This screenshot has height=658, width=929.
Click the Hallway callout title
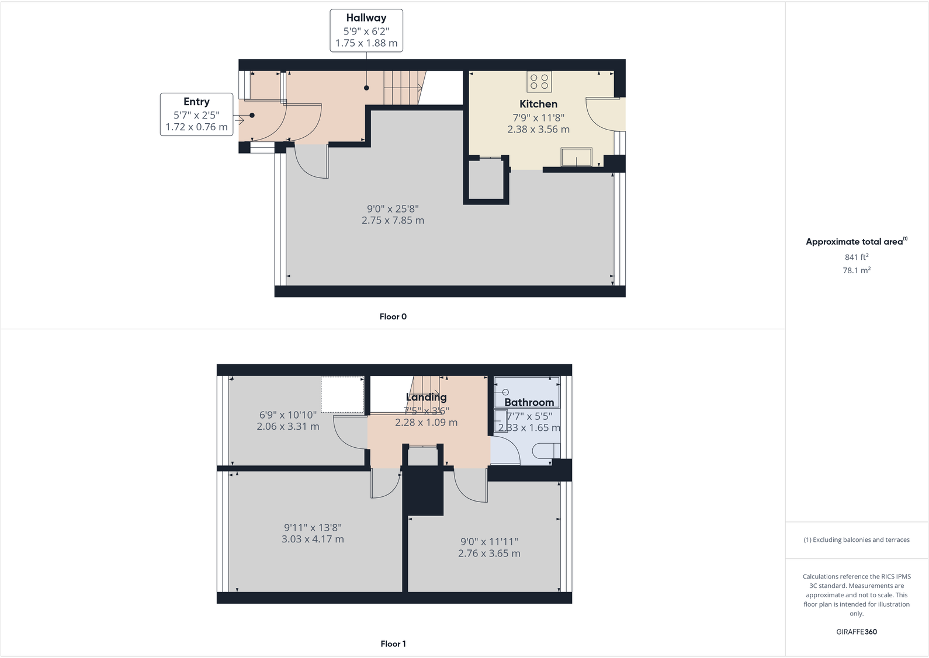tap(366, 18)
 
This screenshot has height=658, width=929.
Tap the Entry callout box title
tap(196, 102)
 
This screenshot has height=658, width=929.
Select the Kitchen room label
tap(538, 104)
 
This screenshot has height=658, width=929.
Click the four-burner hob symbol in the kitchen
tap(539, 82)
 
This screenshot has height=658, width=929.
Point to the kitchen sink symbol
tap(576, 157)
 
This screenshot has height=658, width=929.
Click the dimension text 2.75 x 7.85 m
tap(393, 221)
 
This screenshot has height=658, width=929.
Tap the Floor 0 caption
tap(393, 316)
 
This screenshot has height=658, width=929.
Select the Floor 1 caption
tap(393, 643)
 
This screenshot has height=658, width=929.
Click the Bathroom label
tap(529, 402)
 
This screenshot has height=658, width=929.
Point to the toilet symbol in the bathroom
tap(546, 450)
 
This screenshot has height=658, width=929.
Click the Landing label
tap(426, 397)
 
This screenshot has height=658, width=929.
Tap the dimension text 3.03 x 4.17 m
tap(313, 539)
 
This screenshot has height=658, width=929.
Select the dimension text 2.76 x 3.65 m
tap(489, 553)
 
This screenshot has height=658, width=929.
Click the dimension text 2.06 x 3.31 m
tap(287, 427)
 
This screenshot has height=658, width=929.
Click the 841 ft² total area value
tap(856, 257)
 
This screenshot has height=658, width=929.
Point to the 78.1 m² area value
tap(856, 270)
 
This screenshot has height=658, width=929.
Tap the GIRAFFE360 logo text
tap(856, 632)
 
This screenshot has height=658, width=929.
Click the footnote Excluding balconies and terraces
tap(856, 539)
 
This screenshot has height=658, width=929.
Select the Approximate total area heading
tap(854, 242)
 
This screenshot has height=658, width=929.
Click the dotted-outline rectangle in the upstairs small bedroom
tap(342, 395)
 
